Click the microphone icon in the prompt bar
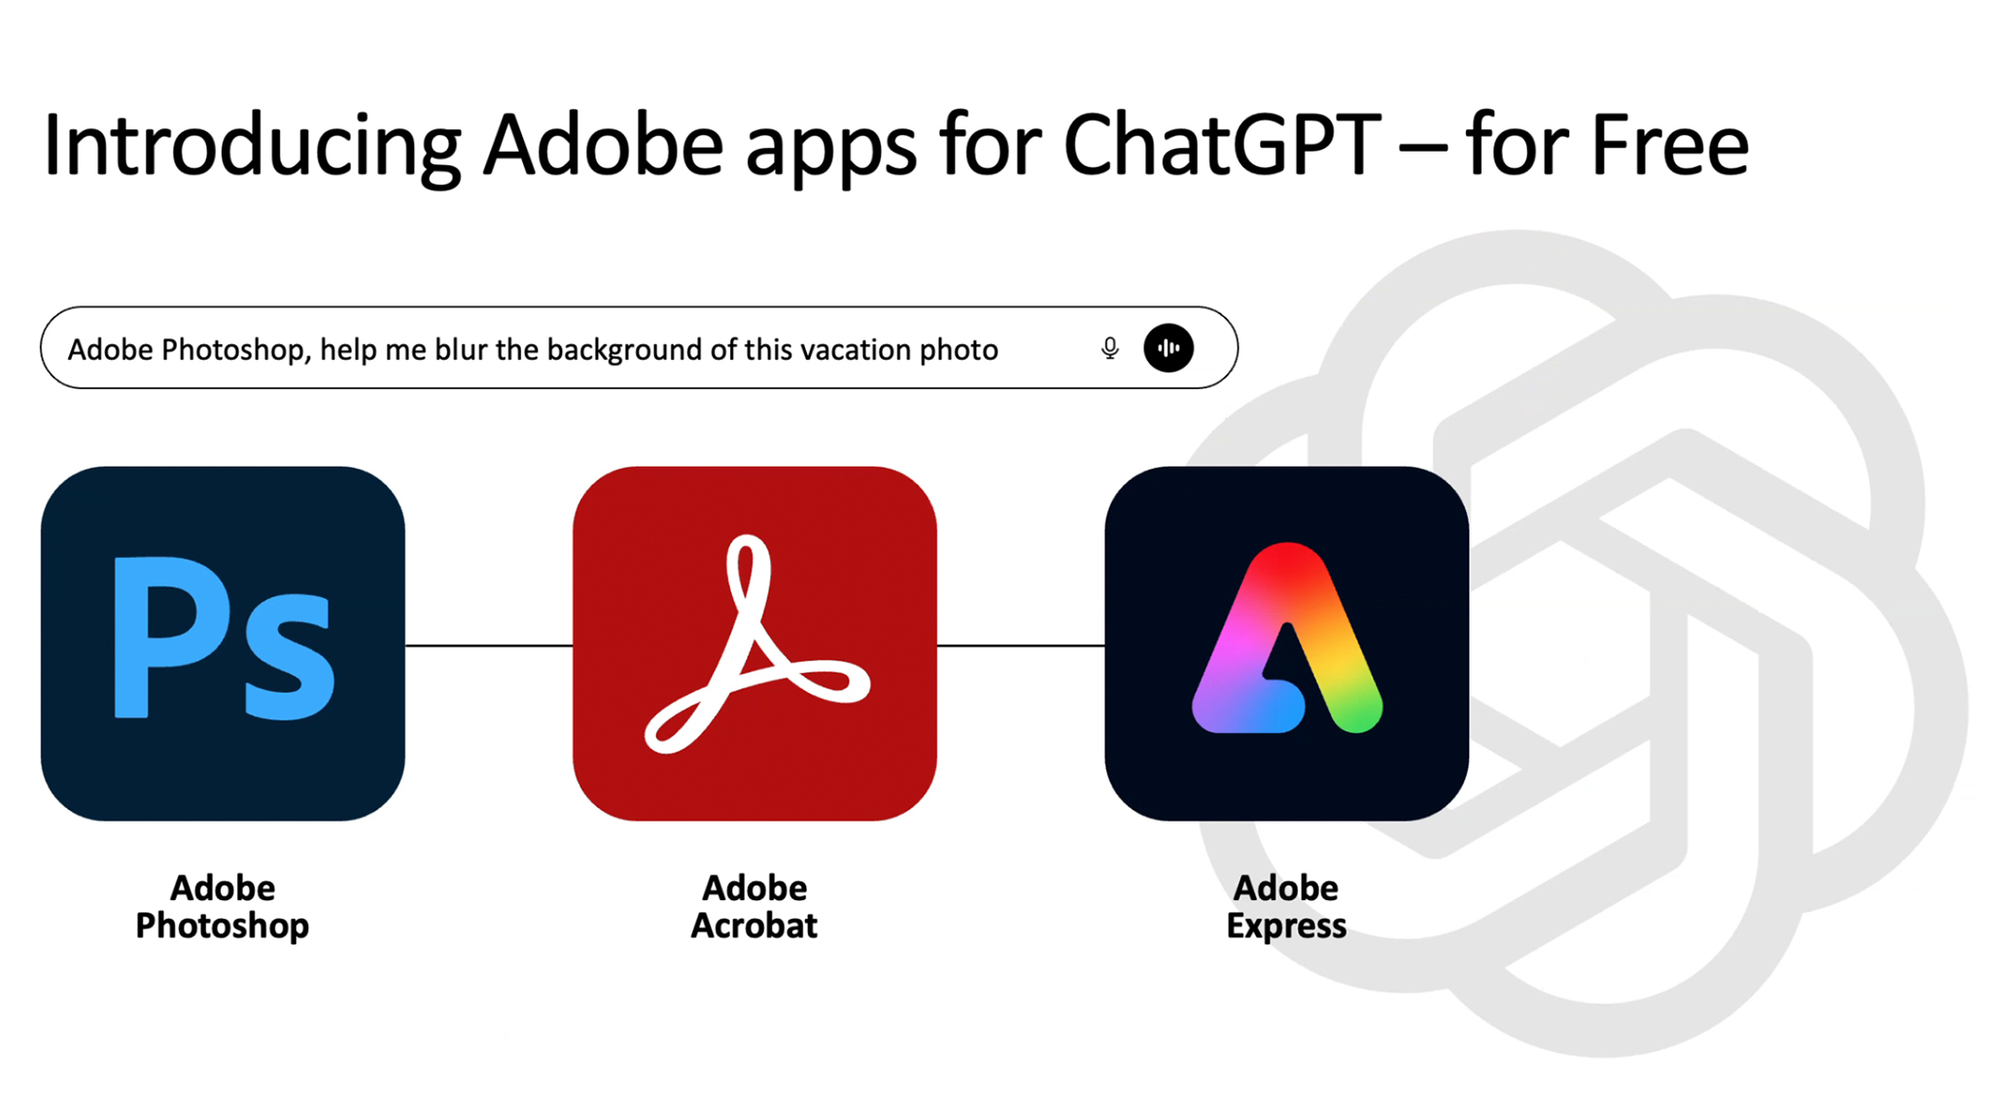(1109, 348)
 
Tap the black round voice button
(1169, 348)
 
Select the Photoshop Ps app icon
(223, 644)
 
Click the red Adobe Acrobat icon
(754, 644)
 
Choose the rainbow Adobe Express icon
(1286, 644)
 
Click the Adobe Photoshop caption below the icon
(223, 906)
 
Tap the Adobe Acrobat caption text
(754, 906)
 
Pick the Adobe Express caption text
(1286, 906)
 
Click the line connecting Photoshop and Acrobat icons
(489, 645)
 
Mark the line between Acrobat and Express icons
(1021, 645)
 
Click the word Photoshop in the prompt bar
(236, 349)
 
